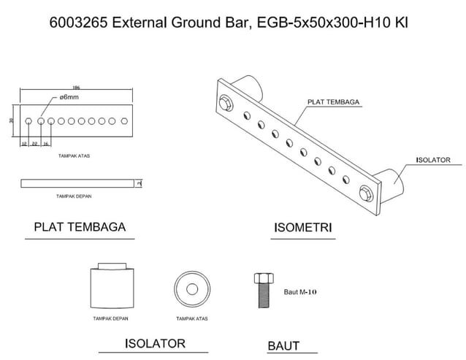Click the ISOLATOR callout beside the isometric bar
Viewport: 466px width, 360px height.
[x=432, y=159]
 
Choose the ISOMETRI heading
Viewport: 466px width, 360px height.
[x=302, y=227]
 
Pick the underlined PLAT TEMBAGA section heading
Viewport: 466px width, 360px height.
[x=80, y=226]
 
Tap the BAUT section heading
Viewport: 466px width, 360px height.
[x=283, y=345]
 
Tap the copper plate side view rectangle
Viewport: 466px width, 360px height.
[x=79, y=183]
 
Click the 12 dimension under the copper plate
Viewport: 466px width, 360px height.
[x=23, y=145]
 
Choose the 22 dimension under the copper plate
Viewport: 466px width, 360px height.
[x=35, y=145]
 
